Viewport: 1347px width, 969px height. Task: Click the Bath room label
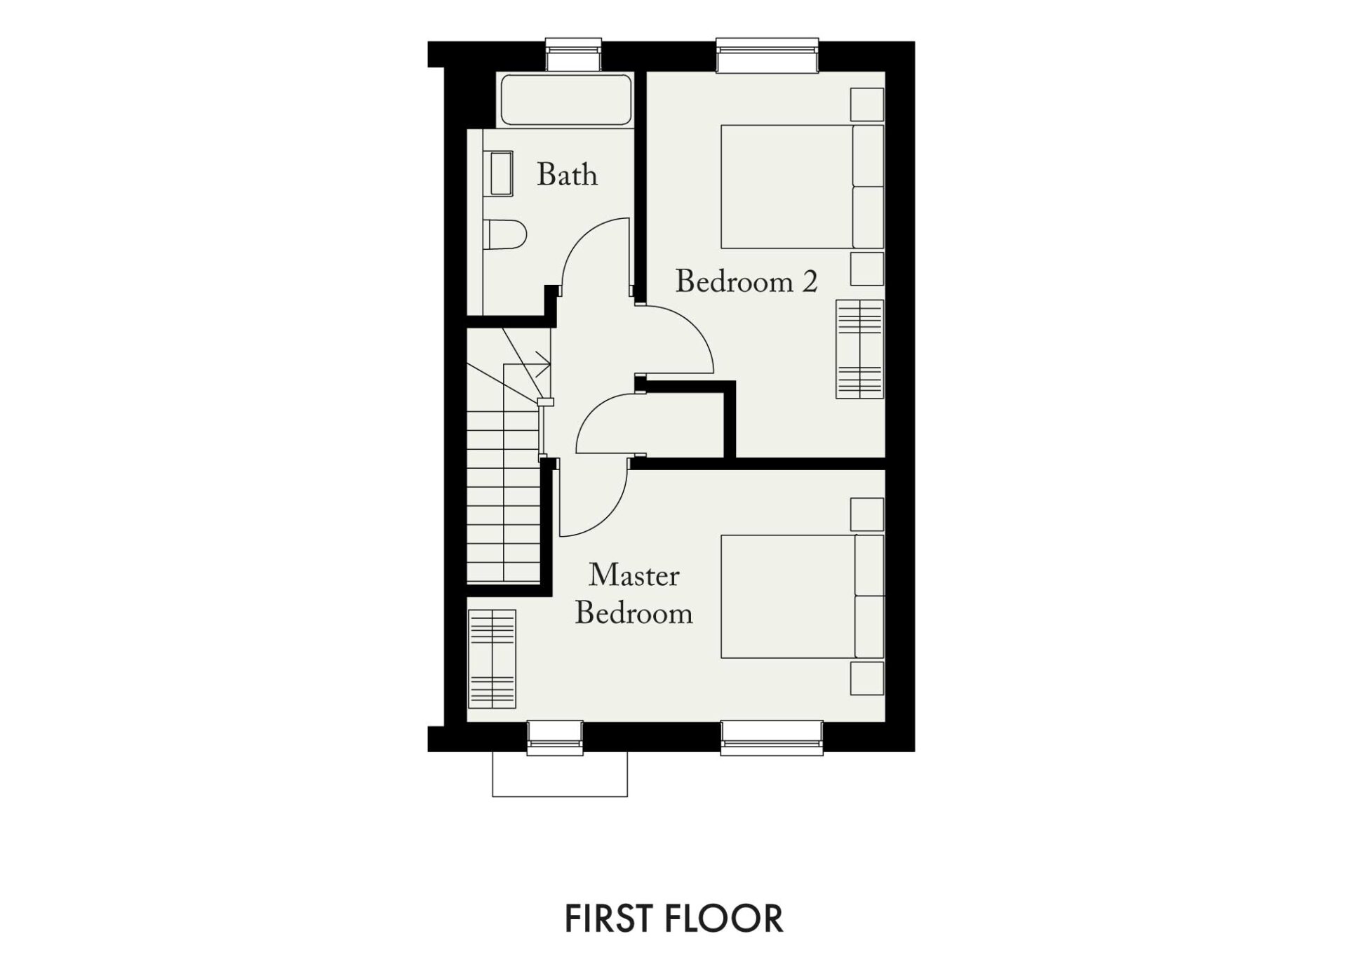click(567, 174)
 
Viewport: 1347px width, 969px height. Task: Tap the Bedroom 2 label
click(746, 281)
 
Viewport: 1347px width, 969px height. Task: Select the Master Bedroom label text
click(634, 594)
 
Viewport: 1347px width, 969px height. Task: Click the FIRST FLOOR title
click(673, 918)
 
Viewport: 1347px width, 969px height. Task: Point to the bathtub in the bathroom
click(566, 99)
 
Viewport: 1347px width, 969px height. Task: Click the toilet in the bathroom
click(504, 235)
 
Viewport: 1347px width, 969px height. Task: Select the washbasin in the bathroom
click(501, 174)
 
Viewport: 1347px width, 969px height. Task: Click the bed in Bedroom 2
click(803, 187)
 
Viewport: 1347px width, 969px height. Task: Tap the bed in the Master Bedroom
click(803, 596)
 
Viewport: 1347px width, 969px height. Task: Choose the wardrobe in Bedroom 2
click(859, 349)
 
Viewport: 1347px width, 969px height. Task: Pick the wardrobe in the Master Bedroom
click(492, 659)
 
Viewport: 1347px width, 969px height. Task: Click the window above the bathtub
click(574, 55)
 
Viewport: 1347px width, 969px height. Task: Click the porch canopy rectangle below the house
click(560, 775)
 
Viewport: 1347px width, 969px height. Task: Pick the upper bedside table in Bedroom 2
click(867, 105)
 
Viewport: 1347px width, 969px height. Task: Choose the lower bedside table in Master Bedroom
click(867, 678)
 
